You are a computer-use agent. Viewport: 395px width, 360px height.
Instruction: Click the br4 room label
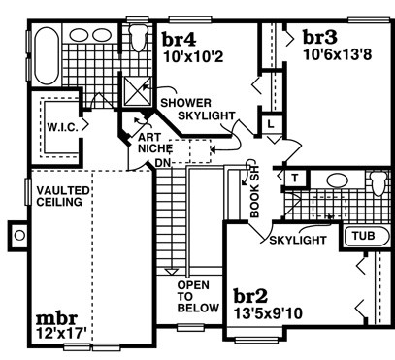(x=179, y=39)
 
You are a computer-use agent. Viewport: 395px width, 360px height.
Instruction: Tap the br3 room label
(x=320, y=37)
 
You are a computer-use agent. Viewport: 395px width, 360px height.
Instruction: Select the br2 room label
(x=250, y=295)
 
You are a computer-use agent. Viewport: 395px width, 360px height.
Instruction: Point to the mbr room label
(x=56, y=318)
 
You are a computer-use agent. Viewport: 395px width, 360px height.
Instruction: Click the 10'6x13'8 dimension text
(x=338, y=54)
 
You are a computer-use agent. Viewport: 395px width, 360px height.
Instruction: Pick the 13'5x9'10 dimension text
(x=268, y=313)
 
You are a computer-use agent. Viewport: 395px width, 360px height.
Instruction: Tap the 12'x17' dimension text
(x=61, y=333)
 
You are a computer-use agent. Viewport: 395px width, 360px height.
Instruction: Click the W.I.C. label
(x=63, y=127)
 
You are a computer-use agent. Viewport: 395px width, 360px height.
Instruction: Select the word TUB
(x=364, y=236)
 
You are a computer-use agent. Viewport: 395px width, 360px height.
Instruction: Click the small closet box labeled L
(x=271, y=123)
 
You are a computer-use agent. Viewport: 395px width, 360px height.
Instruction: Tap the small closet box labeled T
(x=294, y=178)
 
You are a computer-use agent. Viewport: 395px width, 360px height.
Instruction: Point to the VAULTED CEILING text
(x=62, y=196)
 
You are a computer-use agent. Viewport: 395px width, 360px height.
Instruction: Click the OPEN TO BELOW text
(x=198, y=297)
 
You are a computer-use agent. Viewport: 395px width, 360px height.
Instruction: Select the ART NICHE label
(x=154, y=143)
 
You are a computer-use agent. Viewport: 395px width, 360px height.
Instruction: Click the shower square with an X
(x=138, y=91)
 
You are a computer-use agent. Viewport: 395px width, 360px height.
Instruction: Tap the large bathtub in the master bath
(x=47, y=55)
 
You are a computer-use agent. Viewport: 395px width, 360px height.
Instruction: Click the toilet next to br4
(x=139, y=37)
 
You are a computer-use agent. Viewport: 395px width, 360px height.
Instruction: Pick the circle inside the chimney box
(x=19, y=235)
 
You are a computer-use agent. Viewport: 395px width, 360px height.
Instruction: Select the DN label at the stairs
(x=163, y=163)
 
